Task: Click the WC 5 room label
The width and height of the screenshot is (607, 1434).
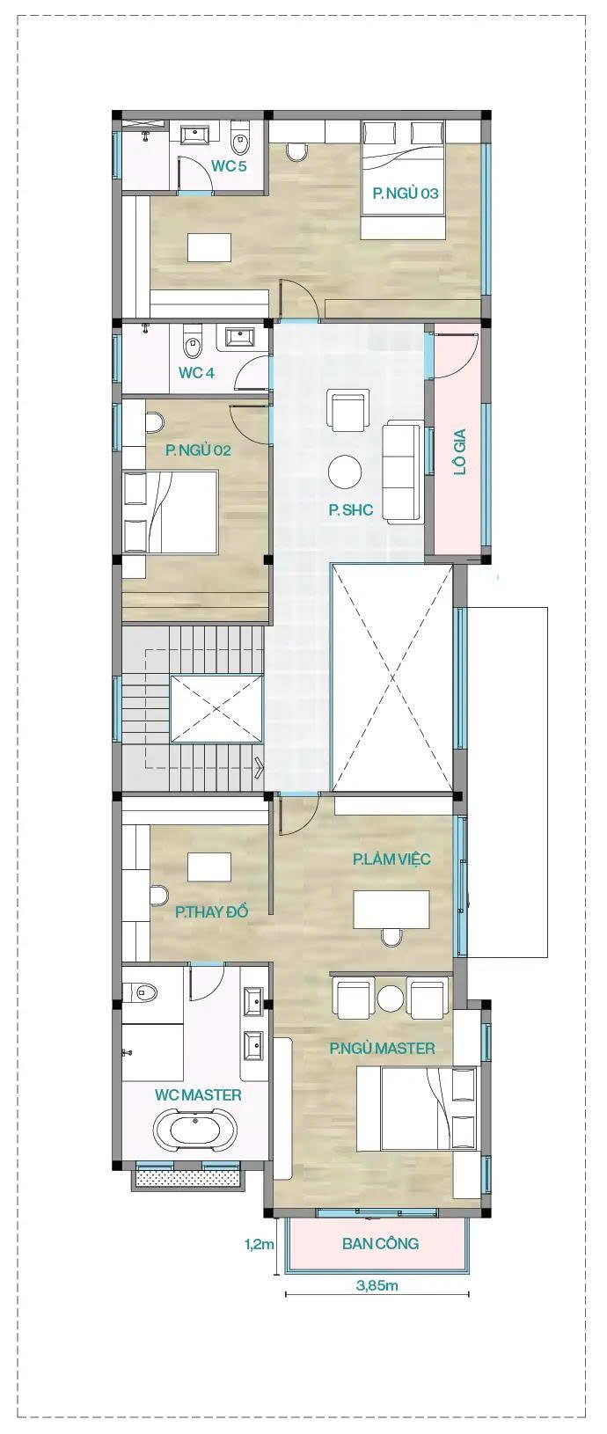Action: click(x=229, y=165)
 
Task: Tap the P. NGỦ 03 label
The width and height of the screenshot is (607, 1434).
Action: click(x=406, y=193)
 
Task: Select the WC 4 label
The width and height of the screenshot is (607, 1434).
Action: click(x=196, y=372)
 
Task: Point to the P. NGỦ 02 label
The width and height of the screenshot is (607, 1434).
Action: click(x=198, y=450)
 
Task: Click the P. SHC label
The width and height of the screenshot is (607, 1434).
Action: click(x=350, y=509)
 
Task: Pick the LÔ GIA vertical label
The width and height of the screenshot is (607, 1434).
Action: click(x=459, y=451)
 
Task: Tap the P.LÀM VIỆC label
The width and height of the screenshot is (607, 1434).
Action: click(x=391, y=859)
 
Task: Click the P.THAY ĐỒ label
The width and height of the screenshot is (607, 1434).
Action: click(x=211, y=911)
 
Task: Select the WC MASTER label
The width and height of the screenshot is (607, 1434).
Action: click(x=198, y=1094)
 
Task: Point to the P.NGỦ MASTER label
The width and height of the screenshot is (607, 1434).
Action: click(x=383, y=1048)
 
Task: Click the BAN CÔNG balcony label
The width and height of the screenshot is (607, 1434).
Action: click(x=380, y=1244)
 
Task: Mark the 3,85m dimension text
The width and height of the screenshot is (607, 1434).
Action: click(x=377, y=1284)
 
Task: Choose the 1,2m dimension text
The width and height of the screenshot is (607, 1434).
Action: click(x=260, y=1245)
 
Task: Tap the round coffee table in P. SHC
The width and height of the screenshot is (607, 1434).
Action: click(x=345, y=472)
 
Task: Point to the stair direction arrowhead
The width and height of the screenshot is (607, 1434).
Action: click(x=259, y=765)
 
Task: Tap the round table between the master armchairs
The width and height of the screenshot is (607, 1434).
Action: click(x=390, y=998)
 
